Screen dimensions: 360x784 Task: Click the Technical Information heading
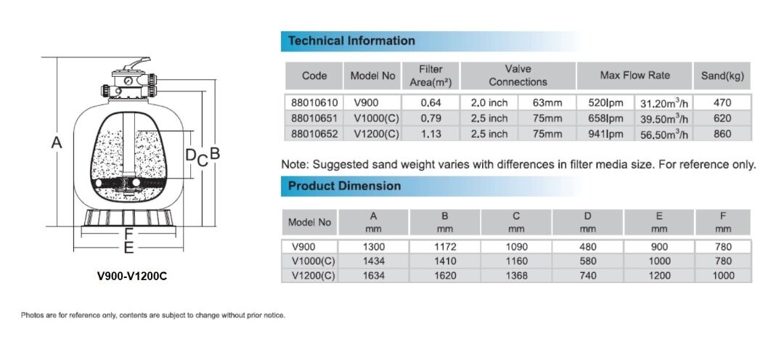pyautogui.click(x=351, y=41)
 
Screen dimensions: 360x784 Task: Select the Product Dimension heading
pyautogui.click(x=344, y=186)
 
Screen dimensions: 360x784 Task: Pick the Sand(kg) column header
pyautogui.click(x=722, y=75)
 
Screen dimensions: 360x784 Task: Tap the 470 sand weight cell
pyautogui.click(x=722, y=103)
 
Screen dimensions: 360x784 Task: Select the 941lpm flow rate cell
pyautogui.click(x=605, y=134)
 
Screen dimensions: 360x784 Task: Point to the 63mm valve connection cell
pyautogui.click(x=547, y=103)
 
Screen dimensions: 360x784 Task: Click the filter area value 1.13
pyautogui.click(x=430, y=134)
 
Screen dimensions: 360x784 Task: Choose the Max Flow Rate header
pyautogui.click(x=634, y=75)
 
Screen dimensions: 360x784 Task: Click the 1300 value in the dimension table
pyautogui.click(x=374, y=247)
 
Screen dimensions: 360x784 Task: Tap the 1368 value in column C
pyautogui.click(x=516, y=276)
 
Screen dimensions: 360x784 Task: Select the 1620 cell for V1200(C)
pyautogui.click(x=445, y=276)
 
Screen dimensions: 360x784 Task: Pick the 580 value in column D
pyautogui.click(x=588, y=261)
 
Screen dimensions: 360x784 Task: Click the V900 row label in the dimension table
pyautogui.click(x=303, y=247)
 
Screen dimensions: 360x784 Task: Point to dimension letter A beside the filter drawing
pyautogui.click(x=56, y=144)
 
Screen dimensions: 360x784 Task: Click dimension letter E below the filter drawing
pyautogui.click(x=128, y=249)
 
